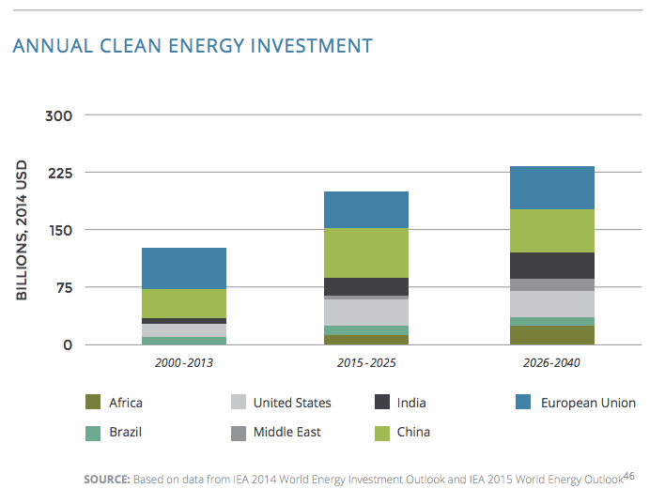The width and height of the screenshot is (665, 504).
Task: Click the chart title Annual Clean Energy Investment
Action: [193, 45]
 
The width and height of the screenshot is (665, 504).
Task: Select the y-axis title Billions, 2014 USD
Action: [22, 230]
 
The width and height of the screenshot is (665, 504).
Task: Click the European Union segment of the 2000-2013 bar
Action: [184, 267]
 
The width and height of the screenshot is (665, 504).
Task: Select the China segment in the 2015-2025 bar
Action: [366, 252]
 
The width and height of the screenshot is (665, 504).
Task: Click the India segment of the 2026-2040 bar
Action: [550, 266]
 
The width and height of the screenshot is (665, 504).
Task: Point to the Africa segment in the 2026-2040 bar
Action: [550, 335]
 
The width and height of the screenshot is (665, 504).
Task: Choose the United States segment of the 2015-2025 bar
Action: [366, 313]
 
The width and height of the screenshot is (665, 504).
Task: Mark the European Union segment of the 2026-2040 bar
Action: [550, 188]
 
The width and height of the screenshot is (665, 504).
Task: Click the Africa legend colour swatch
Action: [93, 403]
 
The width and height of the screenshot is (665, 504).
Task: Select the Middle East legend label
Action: [286, 432]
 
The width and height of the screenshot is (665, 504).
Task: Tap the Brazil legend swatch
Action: [93, 432]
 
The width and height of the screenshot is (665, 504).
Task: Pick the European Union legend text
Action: [588, 403]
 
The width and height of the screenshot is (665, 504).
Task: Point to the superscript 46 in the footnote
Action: [629, 476]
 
